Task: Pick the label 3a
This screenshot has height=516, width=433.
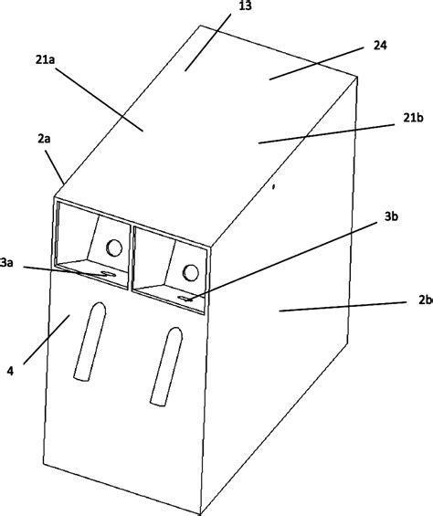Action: tap(7, 262)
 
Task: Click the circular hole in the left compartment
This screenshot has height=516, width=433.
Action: tap(113, 247)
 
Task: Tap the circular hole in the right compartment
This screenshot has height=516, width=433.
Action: tap(192, 271)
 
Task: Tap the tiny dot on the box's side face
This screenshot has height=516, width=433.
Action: tap(272, 191)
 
